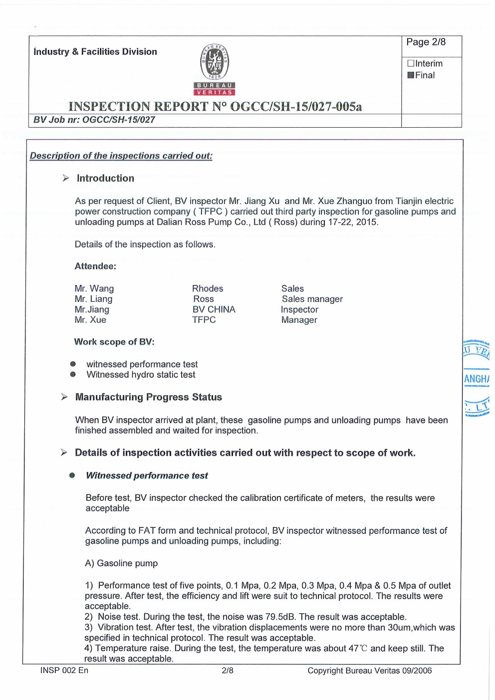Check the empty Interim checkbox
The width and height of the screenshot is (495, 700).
pyautogui.click(x=411, y=64)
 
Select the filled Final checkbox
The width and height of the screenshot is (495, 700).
pyautogui.click(x=411, y=75)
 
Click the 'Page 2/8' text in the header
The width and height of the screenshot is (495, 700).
pyautogui.click(x=426, y=42)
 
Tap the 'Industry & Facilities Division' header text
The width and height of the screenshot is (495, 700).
pyautogui.click(x=95, y=52)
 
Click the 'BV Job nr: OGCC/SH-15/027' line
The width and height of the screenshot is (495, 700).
pyautogui.click(x=94, y=120)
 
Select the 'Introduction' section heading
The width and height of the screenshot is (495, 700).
pyautogui.click(x=105, y=179)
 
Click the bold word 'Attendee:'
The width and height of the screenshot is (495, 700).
pyautogui.click(x=95, y=266)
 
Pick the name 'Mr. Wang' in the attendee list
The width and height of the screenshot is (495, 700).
pyautogui.click(x=94, y=289)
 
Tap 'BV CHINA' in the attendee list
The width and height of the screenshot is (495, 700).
pyautogui.click(x=214, y=310)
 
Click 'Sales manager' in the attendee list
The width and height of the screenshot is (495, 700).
pyautogui.click(x=312, y=299)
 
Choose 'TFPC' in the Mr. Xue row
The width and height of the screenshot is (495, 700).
pyautogui.click(x=204, y=320)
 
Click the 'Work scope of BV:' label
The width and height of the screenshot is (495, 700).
pyautogui.click(x=114, y=342)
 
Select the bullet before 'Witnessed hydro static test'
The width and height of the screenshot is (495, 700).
pyautogui.click(x=73, y=375)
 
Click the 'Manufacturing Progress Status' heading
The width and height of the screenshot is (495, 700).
pyautogui.click(x=149, y=398)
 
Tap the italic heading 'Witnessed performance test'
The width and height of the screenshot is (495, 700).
pyautogui.click(x=147, y=476)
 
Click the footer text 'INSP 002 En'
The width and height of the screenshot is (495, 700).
pyautogui.click(x=64, y=671)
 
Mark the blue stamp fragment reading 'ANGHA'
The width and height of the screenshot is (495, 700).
pyautogui.click(x=477, y=379)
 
